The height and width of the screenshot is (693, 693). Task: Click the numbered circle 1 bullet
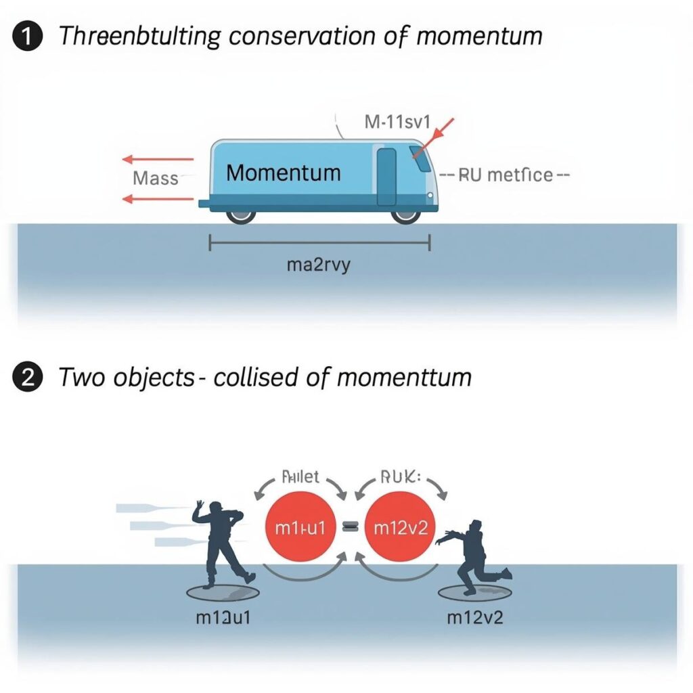[x=25, y=36]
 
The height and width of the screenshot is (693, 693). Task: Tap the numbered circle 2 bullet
[x=25, y=376]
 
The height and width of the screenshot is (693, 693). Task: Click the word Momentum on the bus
[x=283, y=173]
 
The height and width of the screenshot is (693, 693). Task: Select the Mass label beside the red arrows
[x=156, y=179]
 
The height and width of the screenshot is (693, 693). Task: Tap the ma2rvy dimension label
[x=319, y=265]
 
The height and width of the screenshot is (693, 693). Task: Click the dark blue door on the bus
[x=386, y=177]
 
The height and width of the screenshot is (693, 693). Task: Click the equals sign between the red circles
[x=350, y=529]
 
